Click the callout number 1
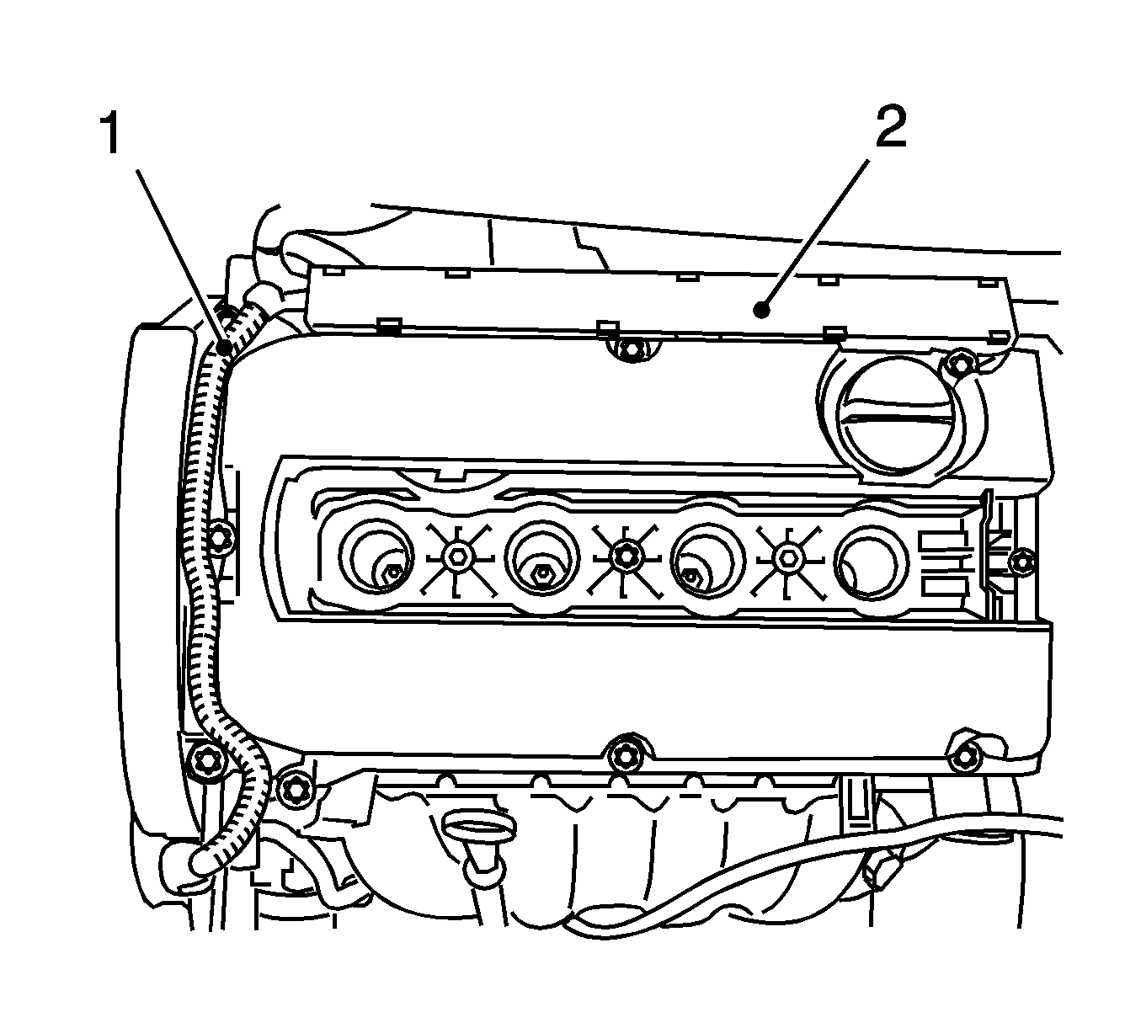pos(111,135)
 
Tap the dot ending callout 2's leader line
pos(761,311)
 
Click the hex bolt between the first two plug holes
pos(456,555)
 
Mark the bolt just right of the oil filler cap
pos(954,364)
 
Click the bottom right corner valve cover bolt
pos(963,756)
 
